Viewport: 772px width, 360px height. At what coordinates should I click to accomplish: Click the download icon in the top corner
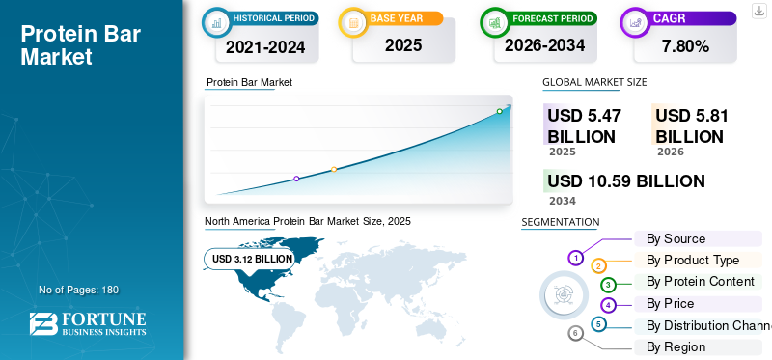[759, 11]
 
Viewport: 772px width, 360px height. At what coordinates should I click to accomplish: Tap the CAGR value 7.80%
[685, 46]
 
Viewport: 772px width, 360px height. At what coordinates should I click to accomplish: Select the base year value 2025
[403, 45]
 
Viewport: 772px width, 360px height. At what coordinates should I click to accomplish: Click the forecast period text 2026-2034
[544, 45]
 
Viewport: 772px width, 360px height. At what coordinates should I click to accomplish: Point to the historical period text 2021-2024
[265, 47]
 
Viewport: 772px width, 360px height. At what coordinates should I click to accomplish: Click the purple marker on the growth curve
[296, 179]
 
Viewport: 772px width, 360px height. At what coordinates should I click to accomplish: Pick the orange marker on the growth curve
[334, 170]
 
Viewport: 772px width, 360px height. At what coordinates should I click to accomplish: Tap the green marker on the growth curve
[499, 111]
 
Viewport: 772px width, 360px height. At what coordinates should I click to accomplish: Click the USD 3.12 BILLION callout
[250, 259]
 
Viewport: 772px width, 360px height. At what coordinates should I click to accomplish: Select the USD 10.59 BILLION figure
[626, 181]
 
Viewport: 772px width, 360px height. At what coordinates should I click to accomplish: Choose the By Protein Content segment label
[701, 281]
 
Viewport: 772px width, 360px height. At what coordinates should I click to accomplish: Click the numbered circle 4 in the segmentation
[609, 305]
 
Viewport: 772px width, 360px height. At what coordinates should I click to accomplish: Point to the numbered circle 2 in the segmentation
[598, 266]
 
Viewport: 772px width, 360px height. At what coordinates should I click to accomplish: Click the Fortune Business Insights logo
[88, 323]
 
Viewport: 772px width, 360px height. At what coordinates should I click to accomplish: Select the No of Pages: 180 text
[79, 290]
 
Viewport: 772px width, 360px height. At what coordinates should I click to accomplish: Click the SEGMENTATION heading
[561, 222]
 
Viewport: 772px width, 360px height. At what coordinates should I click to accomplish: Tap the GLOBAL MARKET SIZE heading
[594, 82]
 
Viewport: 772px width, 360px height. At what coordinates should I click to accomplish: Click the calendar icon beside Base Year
[353, 22]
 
